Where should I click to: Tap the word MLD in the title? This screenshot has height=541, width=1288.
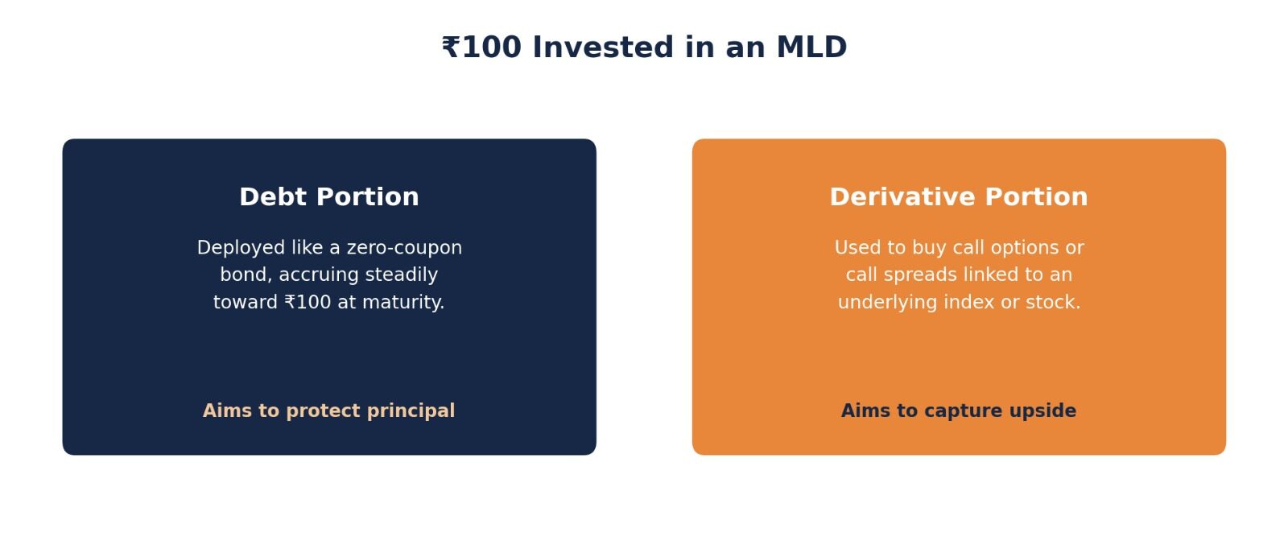click(811, 47)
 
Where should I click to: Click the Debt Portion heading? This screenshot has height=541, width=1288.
click(329, 197)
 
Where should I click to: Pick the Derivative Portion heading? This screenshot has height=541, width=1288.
click(959, 197)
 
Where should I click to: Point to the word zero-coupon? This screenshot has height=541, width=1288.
click(404, 248)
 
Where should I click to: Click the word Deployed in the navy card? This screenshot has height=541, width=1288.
click(242, 248)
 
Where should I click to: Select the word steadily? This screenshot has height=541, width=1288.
click(402, 275)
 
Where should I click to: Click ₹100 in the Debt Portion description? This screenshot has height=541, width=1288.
click(308, 303)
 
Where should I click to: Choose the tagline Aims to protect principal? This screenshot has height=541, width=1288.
click(329, 411)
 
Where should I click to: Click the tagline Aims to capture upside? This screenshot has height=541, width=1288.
click(959, 411)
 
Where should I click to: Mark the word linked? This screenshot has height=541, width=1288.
click(989, 275)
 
